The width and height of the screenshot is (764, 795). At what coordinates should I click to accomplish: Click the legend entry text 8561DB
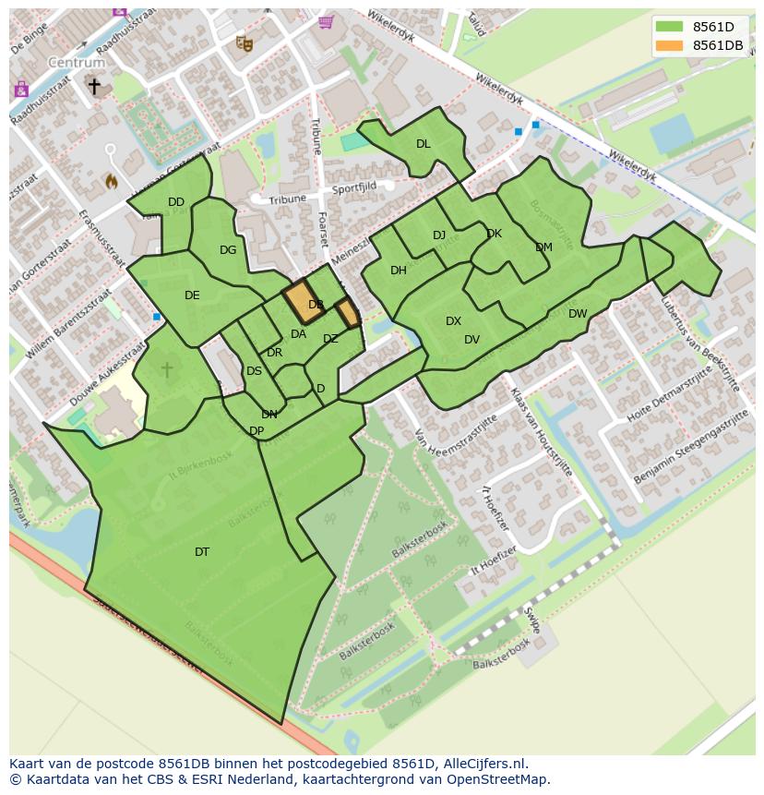(718, 45)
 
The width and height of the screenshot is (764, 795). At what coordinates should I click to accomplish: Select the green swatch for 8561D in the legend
(670, 27)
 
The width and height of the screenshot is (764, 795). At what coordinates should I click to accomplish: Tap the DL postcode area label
(423, 144)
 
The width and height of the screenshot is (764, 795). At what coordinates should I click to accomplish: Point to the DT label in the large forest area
(202, 552)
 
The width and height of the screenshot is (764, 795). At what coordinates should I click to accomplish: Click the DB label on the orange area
(316, 305)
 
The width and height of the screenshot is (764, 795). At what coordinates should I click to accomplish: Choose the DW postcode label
(578, 314)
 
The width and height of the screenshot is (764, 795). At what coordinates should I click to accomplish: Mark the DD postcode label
(176, 202)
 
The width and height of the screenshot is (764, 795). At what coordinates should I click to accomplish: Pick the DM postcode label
(543, 247)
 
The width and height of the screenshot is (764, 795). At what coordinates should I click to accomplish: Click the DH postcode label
(399, 271)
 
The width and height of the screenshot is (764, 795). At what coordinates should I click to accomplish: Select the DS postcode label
(254, 371)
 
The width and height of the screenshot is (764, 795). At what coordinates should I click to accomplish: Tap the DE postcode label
(192, 295)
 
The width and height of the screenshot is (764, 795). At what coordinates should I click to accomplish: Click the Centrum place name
(77, 63)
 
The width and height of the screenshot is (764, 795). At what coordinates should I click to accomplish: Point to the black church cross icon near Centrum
(94, 86)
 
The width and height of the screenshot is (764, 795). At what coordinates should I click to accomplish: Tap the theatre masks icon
(244, 42)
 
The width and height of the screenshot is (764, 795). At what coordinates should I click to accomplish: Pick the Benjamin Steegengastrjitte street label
(691, 450)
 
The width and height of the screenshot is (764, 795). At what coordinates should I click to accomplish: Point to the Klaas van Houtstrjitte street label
(542, 431)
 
